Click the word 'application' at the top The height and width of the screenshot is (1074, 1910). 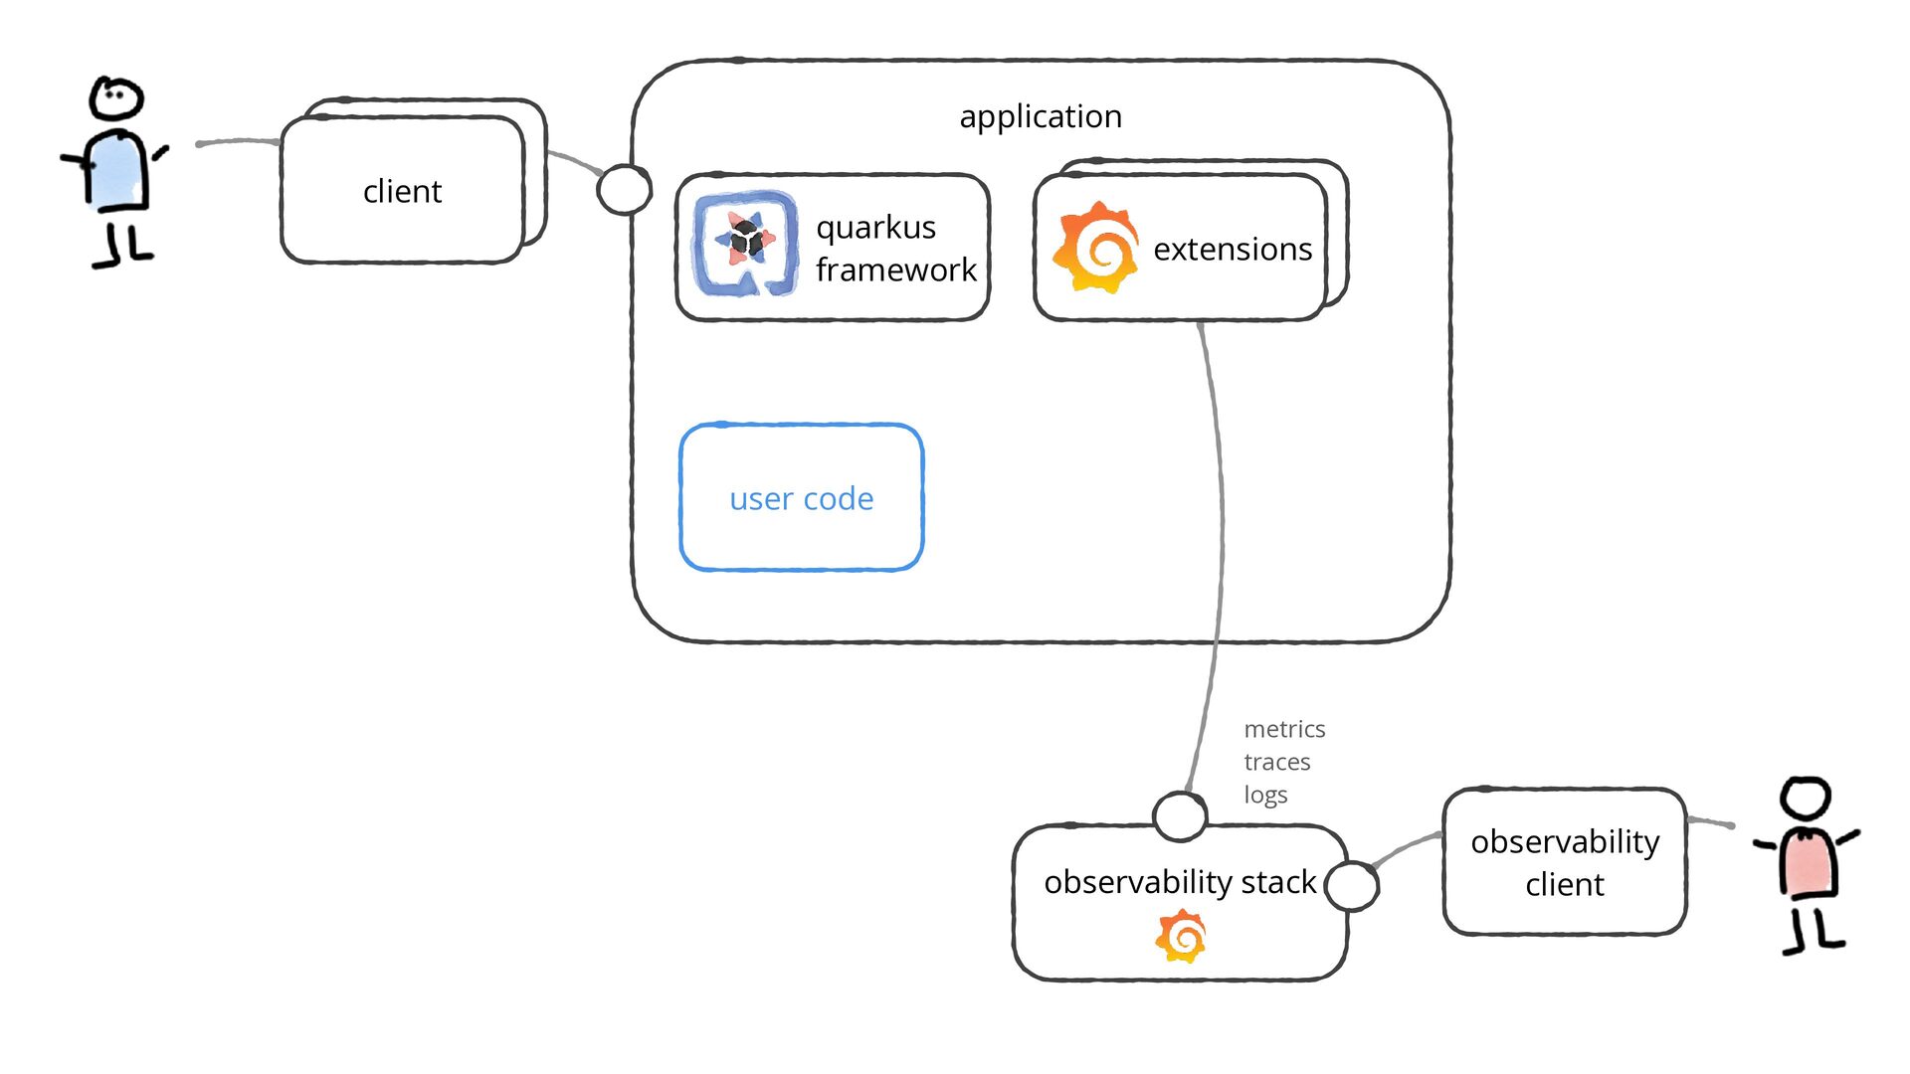[x=1041, y=117]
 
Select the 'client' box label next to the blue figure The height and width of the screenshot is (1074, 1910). [x=402, y=191]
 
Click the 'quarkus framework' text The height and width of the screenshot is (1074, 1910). [x=895, y=249]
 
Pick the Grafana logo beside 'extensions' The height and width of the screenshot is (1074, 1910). [x=1096, y=248]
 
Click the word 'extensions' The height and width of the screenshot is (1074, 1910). [x=1233, y=249]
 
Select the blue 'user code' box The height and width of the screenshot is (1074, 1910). [x=802, y=497]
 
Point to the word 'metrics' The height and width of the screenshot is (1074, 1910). [x=1284, y=729]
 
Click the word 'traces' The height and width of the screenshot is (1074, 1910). [x=1277, y=762]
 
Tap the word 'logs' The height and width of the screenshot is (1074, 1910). [x=1265, y=795]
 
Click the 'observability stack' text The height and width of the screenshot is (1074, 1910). [x=1180, y=882]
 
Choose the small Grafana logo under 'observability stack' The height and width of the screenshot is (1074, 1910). [x=1181, y=937]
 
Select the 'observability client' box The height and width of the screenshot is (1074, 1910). [x=1565, y=862]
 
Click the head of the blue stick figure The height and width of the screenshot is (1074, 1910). [x=116, y=98]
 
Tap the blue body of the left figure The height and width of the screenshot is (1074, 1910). [x=116, y=171]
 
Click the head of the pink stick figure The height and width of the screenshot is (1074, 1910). [x=1805, y=799]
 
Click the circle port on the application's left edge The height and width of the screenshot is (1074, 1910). [x=624, y=189]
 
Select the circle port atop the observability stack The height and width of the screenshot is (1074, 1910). [x=1180, y=816]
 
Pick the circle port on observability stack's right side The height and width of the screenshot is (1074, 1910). [x=1352, y=886]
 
